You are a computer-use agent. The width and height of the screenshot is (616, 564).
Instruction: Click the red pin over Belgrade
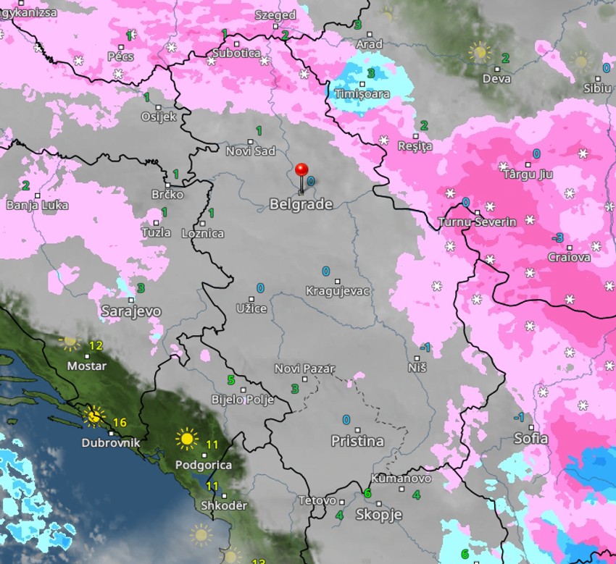(302, 171)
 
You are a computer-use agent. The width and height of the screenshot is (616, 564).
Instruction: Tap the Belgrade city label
(301, 204)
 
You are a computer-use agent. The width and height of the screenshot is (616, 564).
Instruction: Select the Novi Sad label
(251, 151)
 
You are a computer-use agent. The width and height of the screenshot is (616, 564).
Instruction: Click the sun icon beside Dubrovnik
(93, 416)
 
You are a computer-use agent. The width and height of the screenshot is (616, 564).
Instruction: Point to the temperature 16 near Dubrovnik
(120, 422)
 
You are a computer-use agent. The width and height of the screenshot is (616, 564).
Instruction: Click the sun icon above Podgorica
(186, 439)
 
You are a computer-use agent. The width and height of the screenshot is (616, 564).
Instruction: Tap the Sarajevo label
(131, 311)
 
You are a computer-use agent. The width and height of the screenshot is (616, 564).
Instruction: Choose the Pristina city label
(357, 441)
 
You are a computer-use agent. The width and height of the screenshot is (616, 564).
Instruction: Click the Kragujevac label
(338, 291)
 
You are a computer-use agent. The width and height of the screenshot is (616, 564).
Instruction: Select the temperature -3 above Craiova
(557, 238)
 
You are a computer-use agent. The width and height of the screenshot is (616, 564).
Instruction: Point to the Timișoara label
(362, 94)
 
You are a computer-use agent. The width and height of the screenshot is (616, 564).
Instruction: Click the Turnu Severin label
(478, 222)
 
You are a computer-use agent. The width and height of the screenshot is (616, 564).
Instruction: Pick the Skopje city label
(378, 515)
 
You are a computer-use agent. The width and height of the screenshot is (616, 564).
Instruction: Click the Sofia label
(531, 438)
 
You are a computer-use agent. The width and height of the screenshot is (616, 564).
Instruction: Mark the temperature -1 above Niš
(425, 348)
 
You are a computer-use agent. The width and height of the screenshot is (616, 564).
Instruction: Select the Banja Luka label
(37, 205)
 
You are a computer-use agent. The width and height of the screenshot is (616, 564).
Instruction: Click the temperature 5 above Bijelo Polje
(231, 380)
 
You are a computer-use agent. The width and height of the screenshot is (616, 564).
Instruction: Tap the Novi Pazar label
(304, 369)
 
